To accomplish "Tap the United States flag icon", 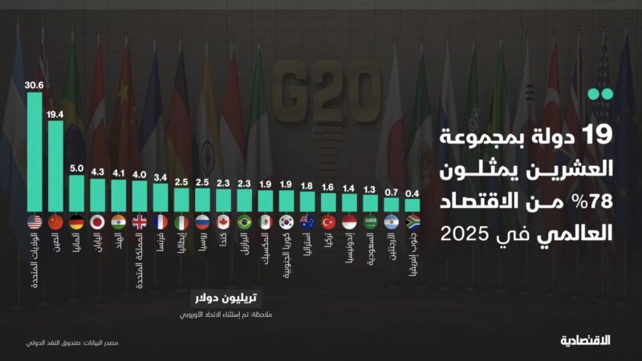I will click(x=35, y=222).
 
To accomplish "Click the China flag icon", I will click(x=55, y=222).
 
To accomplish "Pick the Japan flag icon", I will click(x=97, y=222).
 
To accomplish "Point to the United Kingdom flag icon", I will click(x=139, y=222).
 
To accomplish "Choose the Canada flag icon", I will click(x=223, y=222).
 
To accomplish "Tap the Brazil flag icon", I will click(x=244, y=222).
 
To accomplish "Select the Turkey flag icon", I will click(x=327, y=222).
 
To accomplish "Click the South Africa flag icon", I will click(x=412, y=222).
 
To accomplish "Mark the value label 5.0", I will click(x=76, y=168).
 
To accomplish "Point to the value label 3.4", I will click(x=160, y=177).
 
